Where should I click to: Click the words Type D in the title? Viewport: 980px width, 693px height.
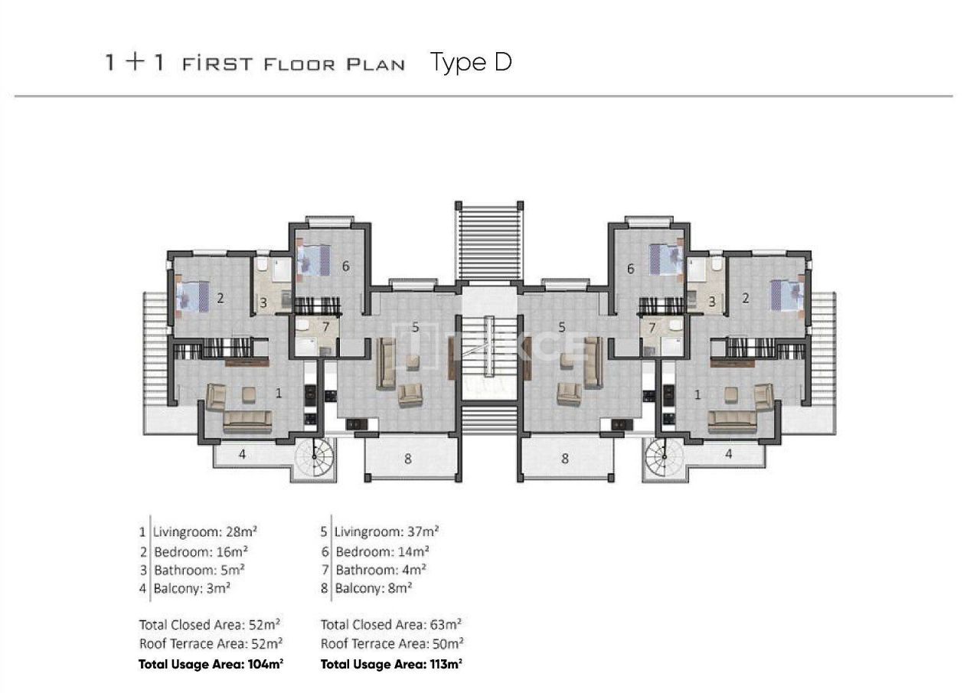(471, 62)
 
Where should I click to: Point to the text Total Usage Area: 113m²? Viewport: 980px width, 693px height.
(391, 664)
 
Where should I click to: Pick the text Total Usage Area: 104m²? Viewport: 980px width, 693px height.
(211, 664)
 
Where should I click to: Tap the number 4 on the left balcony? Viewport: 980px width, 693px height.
(243, 454)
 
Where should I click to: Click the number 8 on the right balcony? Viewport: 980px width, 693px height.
(565, 459)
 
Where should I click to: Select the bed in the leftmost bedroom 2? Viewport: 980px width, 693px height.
(192, 296)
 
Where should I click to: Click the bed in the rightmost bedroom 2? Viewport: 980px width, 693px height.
(786, 296)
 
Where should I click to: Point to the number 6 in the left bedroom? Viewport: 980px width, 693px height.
(346, 266)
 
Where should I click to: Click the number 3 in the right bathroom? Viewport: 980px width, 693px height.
(711, 302)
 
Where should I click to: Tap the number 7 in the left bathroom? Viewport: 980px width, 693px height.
(325, 328)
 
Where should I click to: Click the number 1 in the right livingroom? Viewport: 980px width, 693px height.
(697, 395)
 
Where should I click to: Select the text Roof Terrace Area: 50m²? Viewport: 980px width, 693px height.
(391, 644)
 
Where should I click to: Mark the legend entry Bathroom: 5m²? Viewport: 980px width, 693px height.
(198, 570)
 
